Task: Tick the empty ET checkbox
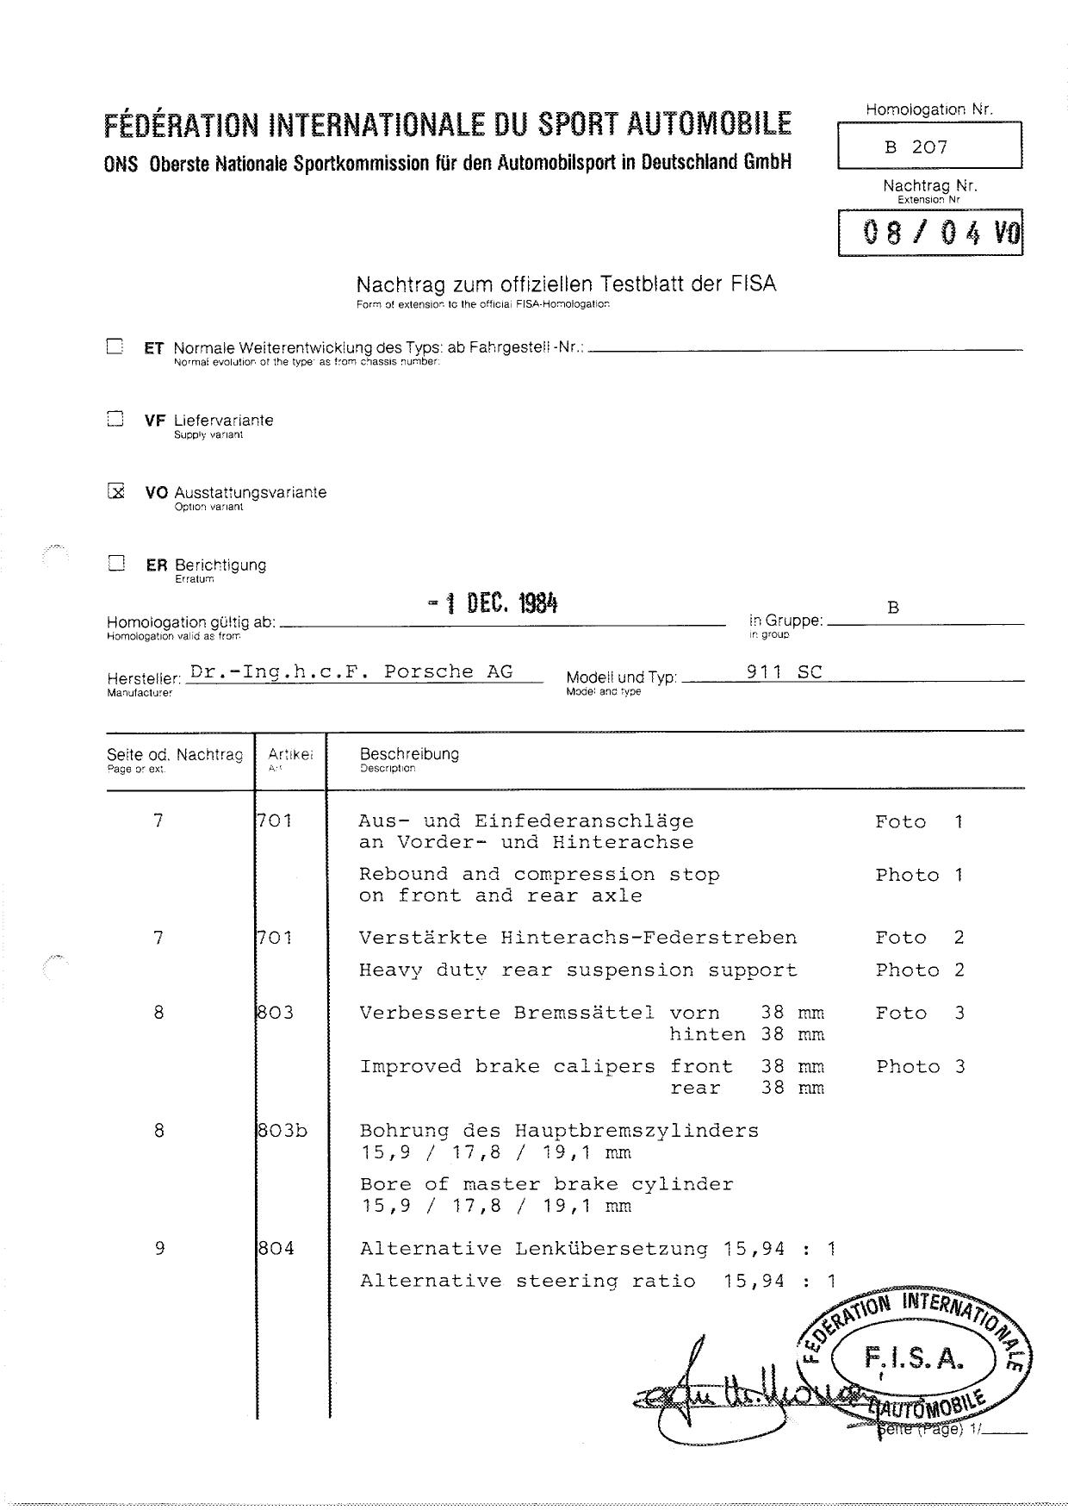115,346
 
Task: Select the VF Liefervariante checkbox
115,420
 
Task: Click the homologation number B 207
916,147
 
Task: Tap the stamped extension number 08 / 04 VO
930,233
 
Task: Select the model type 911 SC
785,672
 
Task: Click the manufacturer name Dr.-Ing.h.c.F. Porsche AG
351,672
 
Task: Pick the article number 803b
282,1130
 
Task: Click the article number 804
276,1248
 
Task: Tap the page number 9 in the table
159,1248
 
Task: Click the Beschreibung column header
409,754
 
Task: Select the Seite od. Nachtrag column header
175,755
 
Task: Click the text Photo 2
920,970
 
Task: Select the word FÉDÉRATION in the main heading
180,125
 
